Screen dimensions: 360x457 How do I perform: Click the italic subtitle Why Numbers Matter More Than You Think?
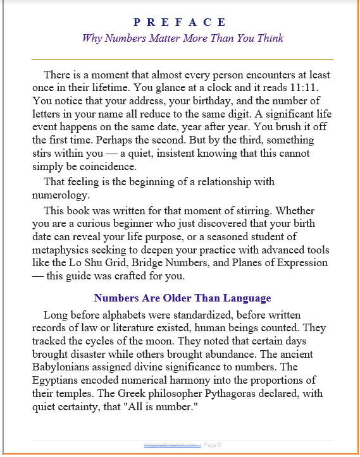182,38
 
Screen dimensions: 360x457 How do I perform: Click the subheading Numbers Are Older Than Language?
182,298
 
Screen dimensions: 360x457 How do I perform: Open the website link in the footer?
172,445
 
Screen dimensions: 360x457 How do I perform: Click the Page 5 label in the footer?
213,445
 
